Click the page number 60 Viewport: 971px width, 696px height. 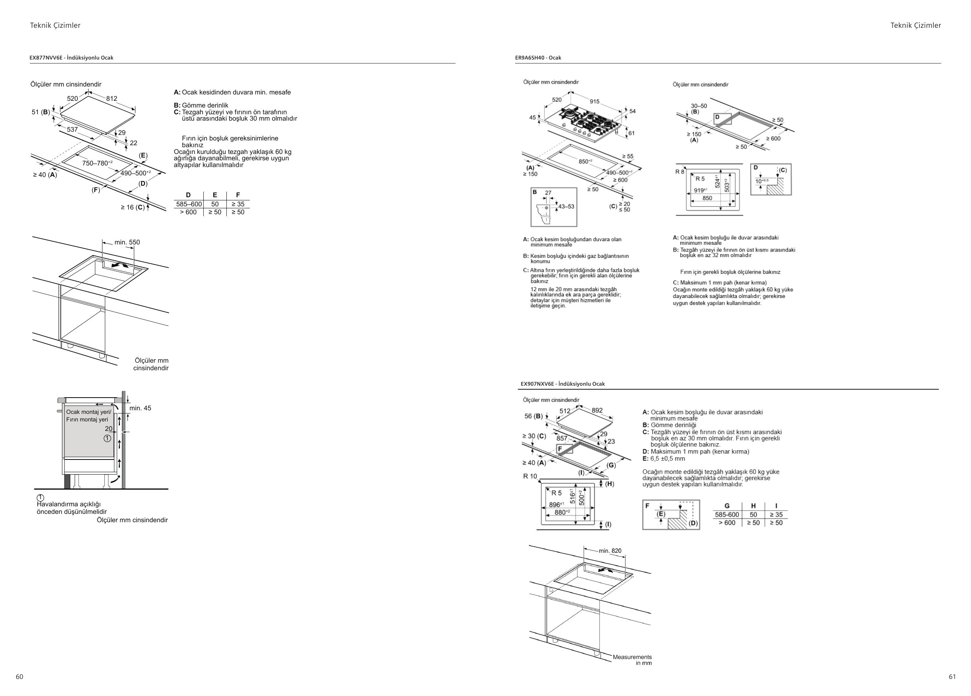(x=20, y=677)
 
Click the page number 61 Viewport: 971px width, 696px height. (x=952, y=677)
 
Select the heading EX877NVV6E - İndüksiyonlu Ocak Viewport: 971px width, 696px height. (x=71, y=58)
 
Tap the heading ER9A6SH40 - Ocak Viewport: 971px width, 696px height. (x=538, y=58)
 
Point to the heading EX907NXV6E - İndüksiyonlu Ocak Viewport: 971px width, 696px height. (x=563, y=384)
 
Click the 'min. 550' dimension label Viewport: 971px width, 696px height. (x=127, y=242)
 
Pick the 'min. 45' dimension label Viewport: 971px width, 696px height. (x=141, y=408)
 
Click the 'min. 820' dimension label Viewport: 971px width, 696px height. (x=610, y=550)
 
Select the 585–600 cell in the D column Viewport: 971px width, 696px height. (x=189, y=204)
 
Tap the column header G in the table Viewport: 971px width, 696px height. (x=727, y=506)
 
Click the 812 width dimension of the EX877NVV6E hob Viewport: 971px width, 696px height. (x=112, y=98)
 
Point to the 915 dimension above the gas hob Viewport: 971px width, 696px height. (x=595, y=101)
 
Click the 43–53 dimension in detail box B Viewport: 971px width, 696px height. (x=566, y=207)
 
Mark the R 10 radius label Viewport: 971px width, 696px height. (x=530, y=476)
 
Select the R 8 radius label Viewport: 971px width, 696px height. (x=680, y=171)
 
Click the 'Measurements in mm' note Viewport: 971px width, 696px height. (x=632, y=659)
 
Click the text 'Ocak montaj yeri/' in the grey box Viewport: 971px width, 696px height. (x=89, y=412)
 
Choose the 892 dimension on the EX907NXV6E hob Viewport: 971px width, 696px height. (x=597, y=410)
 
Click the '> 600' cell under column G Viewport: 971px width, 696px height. (x=727, y=523)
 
